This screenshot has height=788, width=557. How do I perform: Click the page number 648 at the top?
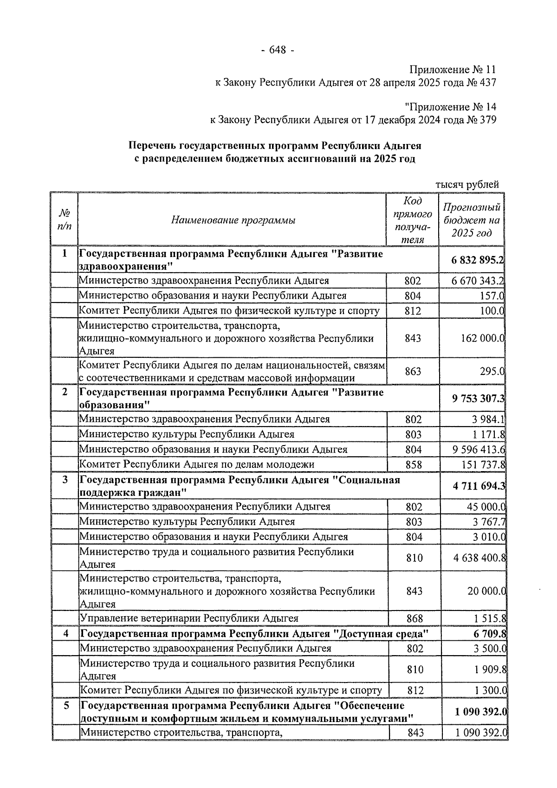[278, 50]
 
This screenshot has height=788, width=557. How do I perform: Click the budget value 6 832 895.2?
[477, 260]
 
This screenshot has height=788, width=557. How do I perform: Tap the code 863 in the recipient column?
[413, 371]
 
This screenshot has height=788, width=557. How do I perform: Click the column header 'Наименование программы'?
[233, 220]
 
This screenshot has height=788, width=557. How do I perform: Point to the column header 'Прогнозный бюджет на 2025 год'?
[472, 220]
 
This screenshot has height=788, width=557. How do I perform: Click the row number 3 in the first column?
[65, 479]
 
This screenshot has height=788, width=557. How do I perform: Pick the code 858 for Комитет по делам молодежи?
[413, 465]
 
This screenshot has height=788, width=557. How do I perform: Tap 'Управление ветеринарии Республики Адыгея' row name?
[189, 618]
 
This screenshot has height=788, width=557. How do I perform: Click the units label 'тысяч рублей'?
[467, 184]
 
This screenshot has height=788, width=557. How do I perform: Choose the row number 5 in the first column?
[66, 706]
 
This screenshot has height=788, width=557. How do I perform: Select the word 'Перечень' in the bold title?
[152, 146]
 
